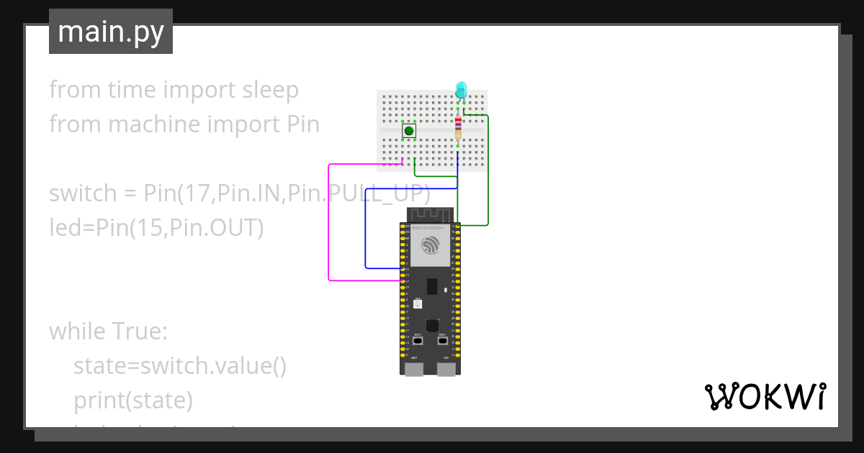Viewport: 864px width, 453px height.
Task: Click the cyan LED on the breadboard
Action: click(461, 90)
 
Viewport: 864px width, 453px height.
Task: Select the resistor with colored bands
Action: click(458, 129)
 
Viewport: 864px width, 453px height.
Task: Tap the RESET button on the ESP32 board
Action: click(442, 341)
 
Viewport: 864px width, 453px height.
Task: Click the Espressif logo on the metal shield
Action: click(430, 245)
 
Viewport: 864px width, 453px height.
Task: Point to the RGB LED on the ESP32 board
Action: click(418, 304)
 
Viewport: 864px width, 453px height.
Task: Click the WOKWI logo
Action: click(765, 396)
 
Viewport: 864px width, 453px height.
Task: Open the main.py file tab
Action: click(111, 32)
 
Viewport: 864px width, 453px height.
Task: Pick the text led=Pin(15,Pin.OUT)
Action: click(156, 228)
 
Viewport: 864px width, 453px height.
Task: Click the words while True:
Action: click(108, 331)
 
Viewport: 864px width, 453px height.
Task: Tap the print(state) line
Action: click(132, 401)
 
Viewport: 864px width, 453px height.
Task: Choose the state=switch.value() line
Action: click(180, 366)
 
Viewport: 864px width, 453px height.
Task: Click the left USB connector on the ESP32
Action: click(414, 369)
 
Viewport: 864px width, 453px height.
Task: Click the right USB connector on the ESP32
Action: click(446, 369)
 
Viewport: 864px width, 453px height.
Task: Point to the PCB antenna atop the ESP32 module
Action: click(430, 215)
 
